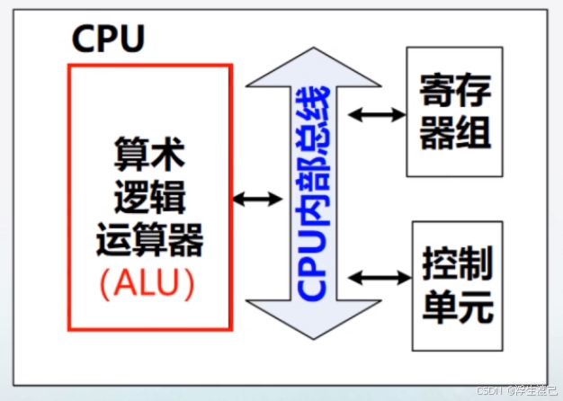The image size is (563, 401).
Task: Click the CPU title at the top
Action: pyautogui.click(x=107, y=40)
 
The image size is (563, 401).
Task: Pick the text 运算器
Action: pyautogui.click(x=149, y=241)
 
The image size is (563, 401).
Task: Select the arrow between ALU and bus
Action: pyautogui.click(x=257, y=199)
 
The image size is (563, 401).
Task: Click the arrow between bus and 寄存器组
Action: pyautogui.click(x=377, y=114)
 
